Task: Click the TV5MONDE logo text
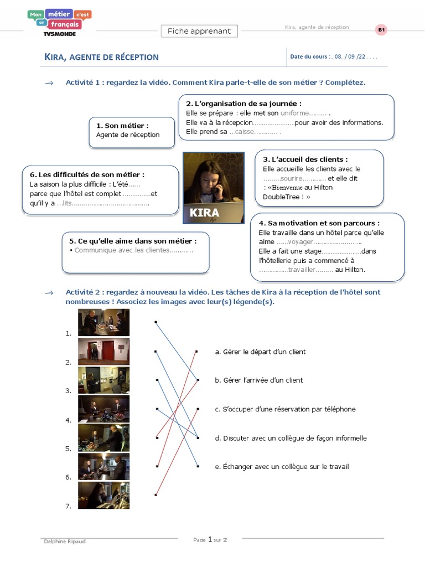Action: point(59,33)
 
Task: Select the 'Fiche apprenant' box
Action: point(199,31)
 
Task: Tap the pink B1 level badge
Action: point(381,30)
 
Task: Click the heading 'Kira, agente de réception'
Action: point(101,57)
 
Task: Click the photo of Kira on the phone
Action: point(214,188)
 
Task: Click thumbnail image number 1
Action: point(103,323)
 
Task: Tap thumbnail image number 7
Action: point(103,495)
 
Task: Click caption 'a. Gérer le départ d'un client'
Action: point(260,352)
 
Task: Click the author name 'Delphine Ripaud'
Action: point(64,542)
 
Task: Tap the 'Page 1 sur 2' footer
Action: point(210,539)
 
